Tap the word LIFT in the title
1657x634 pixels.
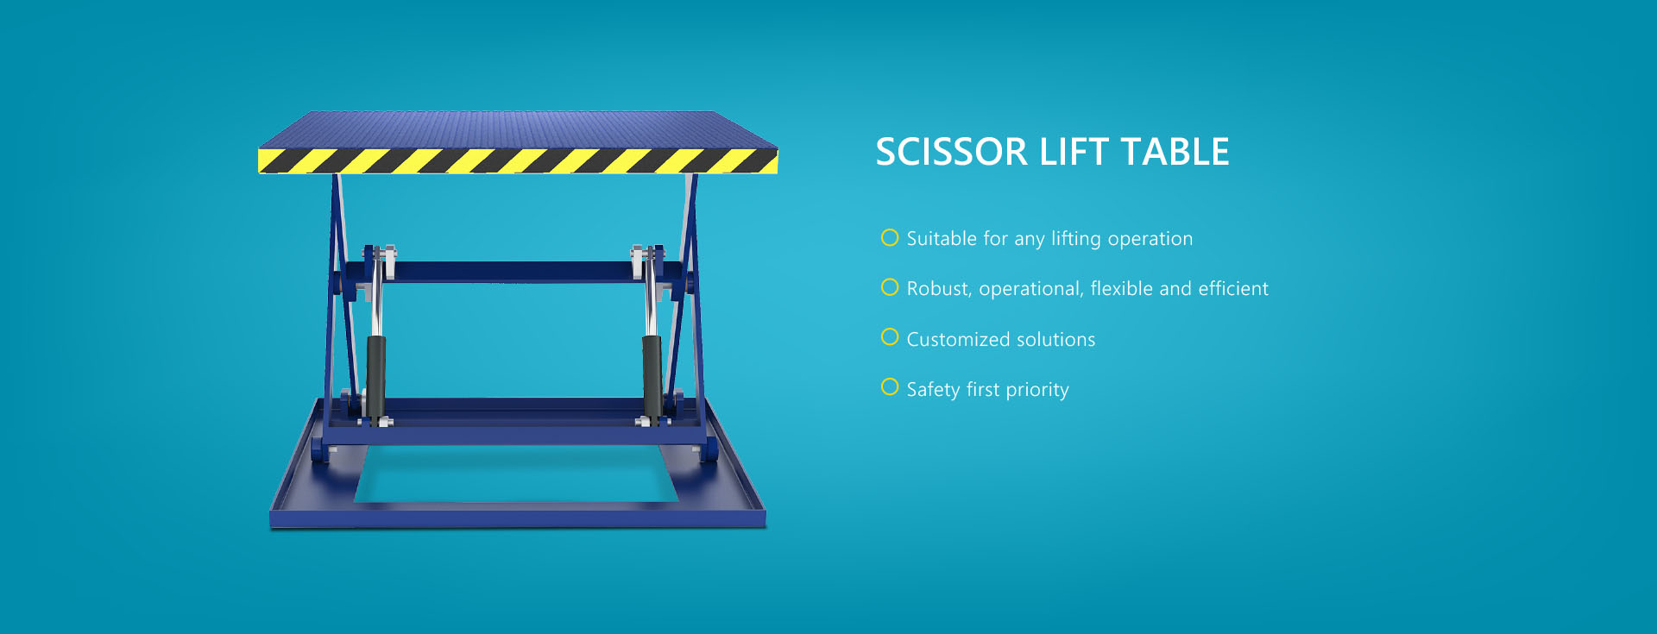coord(1074,152)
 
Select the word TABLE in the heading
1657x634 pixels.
coord(1175,152)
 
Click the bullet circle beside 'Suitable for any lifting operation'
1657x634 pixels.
coord(890,237)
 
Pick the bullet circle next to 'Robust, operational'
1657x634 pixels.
coord(890,287)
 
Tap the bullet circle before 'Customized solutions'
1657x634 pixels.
coord(890,337)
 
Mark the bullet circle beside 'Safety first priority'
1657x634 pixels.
coord(890,387)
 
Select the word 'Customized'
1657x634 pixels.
coord(959,339)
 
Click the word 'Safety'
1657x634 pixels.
coord(933,390)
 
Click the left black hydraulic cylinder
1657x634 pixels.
coord(376,378)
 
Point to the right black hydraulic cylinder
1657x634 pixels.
coord(652,378)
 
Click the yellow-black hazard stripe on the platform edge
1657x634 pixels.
coord(518,161)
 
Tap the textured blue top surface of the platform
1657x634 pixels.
coord(518,129)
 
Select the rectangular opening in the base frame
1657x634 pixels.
coord(516,474)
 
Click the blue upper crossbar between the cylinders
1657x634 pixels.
coord(513,273)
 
